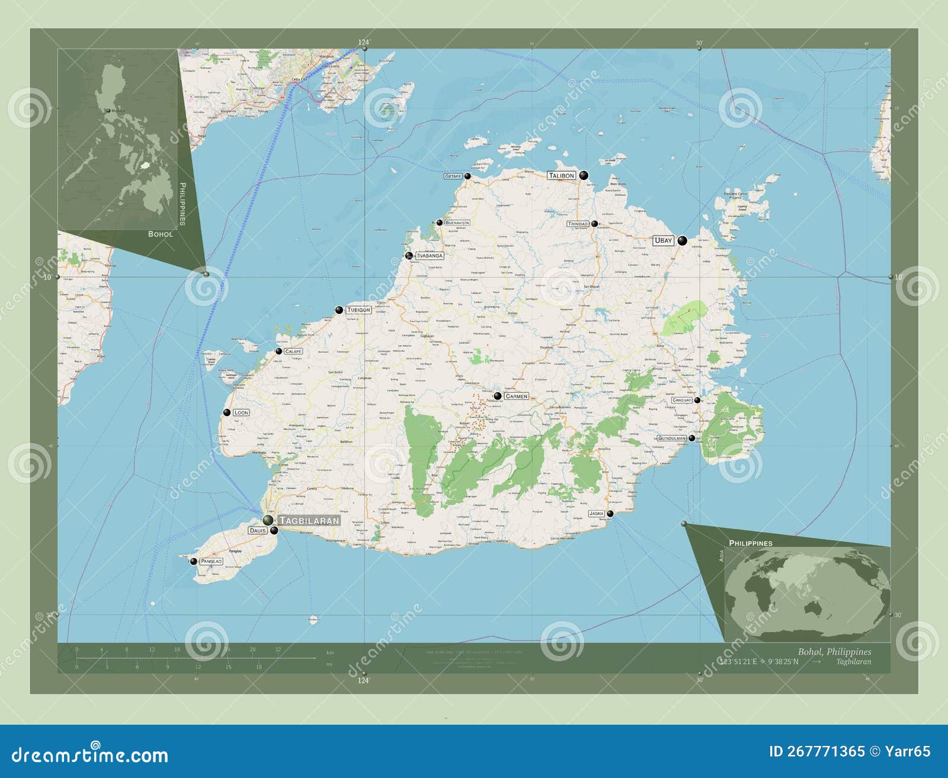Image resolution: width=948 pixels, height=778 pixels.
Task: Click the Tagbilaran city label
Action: (309, 520)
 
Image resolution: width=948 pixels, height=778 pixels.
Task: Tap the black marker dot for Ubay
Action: (683, 240)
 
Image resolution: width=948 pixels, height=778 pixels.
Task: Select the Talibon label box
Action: (561, 175)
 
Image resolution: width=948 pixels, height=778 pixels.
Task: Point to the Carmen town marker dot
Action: (498, 396)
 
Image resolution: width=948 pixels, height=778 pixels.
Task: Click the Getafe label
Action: (453, 176)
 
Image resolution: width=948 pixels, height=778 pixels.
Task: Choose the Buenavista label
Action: (457, 223)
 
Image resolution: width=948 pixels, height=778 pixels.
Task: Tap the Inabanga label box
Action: (430, 256)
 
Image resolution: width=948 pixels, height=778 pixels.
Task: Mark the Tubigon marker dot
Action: (339, 310)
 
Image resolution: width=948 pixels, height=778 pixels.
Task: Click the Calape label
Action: (293, 351)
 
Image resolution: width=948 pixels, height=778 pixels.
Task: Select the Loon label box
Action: (241, 412)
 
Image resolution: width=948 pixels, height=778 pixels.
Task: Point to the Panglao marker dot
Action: (193, 561)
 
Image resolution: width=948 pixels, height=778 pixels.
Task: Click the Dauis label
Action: (258, 531)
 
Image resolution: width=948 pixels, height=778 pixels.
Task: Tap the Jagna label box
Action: (597, 513)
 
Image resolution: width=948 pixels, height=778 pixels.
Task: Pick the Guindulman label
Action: (671, 438)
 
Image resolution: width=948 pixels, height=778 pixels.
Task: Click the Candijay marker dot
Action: (697, 400)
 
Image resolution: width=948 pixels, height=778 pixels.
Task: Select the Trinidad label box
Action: (578, 224)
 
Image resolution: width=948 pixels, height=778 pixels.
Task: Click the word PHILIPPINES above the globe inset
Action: (750, 543)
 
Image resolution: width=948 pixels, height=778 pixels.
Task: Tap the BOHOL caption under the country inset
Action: (161, 234)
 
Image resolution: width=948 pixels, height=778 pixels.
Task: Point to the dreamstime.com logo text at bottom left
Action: (90, 755)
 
